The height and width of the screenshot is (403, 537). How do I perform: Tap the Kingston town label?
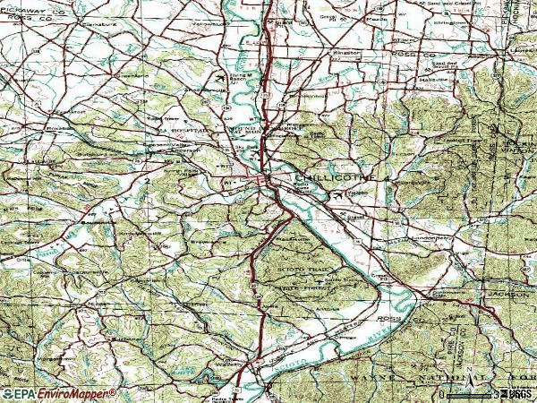tap(349, 52)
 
